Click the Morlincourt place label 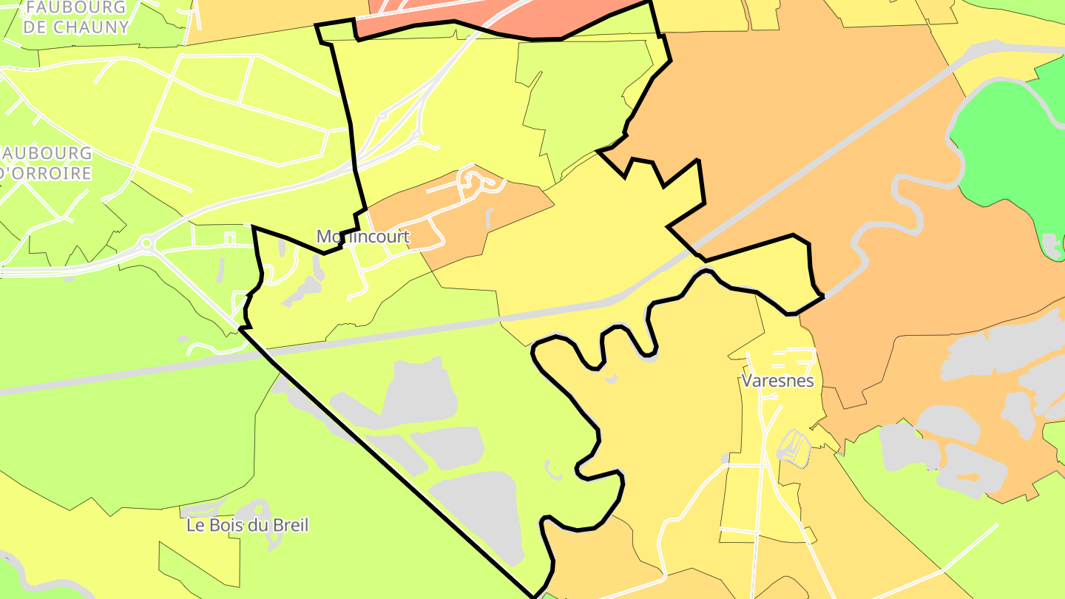point(362,237)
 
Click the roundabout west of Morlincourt point(146,242)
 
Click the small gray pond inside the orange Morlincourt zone point(490,219)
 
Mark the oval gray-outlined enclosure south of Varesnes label point(795,448)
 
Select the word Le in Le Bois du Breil point(195,526)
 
